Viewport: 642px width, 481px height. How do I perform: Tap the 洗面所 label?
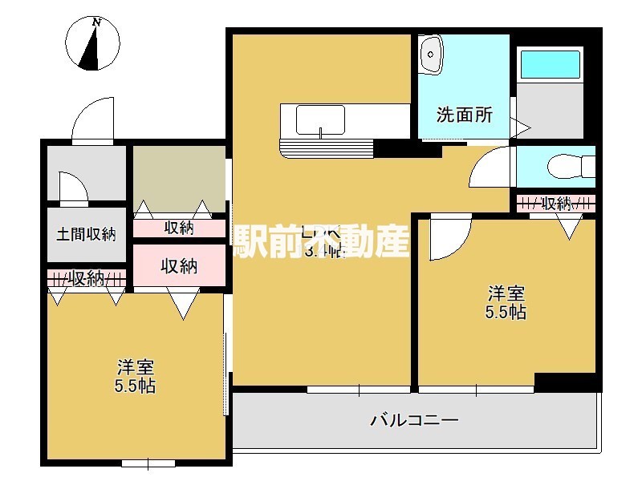point(465,115)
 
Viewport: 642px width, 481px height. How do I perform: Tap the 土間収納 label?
point(86,235)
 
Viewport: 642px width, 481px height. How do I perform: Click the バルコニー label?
point(414,419)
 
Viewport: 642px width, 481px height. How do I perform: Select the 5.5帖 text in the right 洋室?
point(506,313)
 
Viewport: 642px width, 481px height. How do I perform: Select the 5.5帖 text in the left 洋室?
point(135,386)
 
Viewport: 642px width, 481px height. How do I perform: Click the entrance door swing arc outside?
point(93,120)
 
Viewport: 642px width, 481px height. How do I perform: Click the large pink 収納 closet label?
point(179,266)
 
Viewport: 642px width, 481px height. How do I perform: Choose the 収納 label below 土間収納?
point(86,278)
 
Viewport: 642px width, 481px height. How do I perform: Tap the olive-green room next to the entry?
point(178,174)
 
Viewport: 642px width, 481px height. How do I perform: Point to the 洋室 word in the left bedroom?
point(135,368)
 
